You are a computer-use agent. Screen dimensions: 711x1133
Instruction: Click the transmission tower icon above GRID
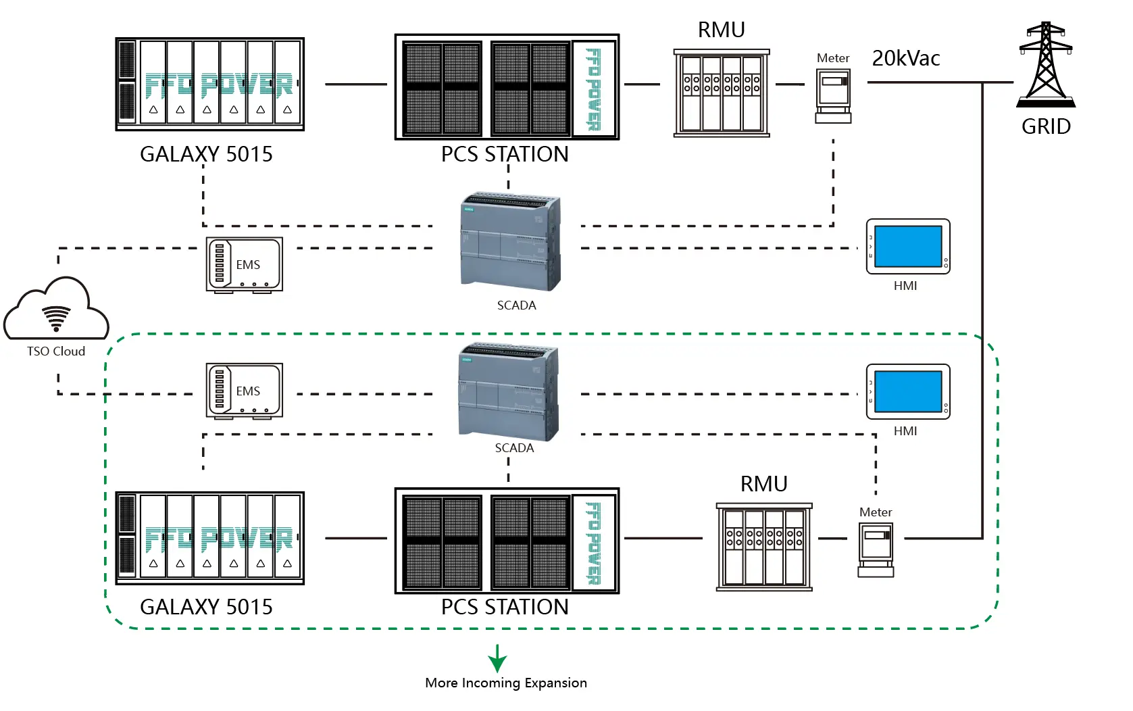point(1046,64)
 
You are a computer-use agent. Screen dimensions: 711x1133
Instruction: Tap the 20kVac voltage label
point(906,59)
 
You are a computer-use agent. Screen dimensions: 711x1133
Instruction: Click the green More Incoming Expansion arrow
point(498,658)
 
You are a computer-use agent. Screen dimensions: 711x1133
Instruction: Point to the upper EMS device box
point(244,264)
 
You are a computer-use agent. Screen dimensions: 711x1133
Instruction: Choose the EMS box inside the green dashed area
point(244,391)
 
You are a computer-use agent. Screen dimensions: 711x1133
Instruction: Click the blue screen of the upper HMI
point(908,246)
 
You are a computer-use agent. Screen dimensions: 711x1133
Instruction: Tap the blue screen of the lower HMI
point(908,391)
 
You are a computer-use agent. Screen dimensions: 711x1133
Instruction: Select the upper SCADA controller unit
point(511,241)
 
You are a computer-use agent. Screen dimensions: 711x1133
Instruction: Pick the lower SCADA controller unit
point(509,391)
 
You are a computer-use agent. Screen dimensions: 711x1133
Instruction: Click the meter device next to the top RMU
point(833,96)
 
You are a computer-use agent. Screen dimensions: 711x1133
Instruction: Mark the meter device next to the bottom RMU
point(876,549)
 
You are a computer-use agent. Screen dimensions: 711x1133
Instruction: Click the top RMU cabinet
point(722,93)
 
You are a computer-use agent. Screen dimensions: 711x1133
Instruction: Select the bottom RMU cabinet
point(764,547)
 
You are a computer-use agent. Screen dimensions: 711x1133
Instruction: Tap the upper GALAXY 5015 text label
point(206,154)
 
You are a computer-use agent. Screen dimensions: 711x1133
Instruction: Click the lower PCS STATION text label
point(505,607)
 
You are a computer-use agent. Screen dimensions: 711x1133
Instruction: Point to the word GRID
point(1046,126)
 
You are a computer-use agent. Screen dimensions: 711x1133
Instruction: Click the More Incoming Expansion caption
point(506,683)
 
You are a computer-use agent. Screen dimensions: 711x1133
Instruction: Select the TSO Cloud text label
point(56,351)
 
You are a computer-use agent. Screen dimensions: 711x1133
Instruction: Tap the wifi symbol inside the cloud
point(56,318)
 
